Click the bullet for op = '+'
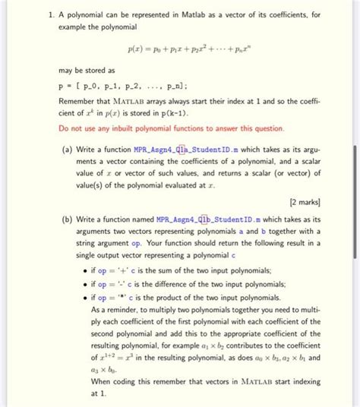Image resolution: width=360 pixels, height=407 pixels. click(94, 271)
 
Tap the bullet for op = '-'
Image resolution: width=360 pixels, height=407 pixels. click(94, 284)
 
